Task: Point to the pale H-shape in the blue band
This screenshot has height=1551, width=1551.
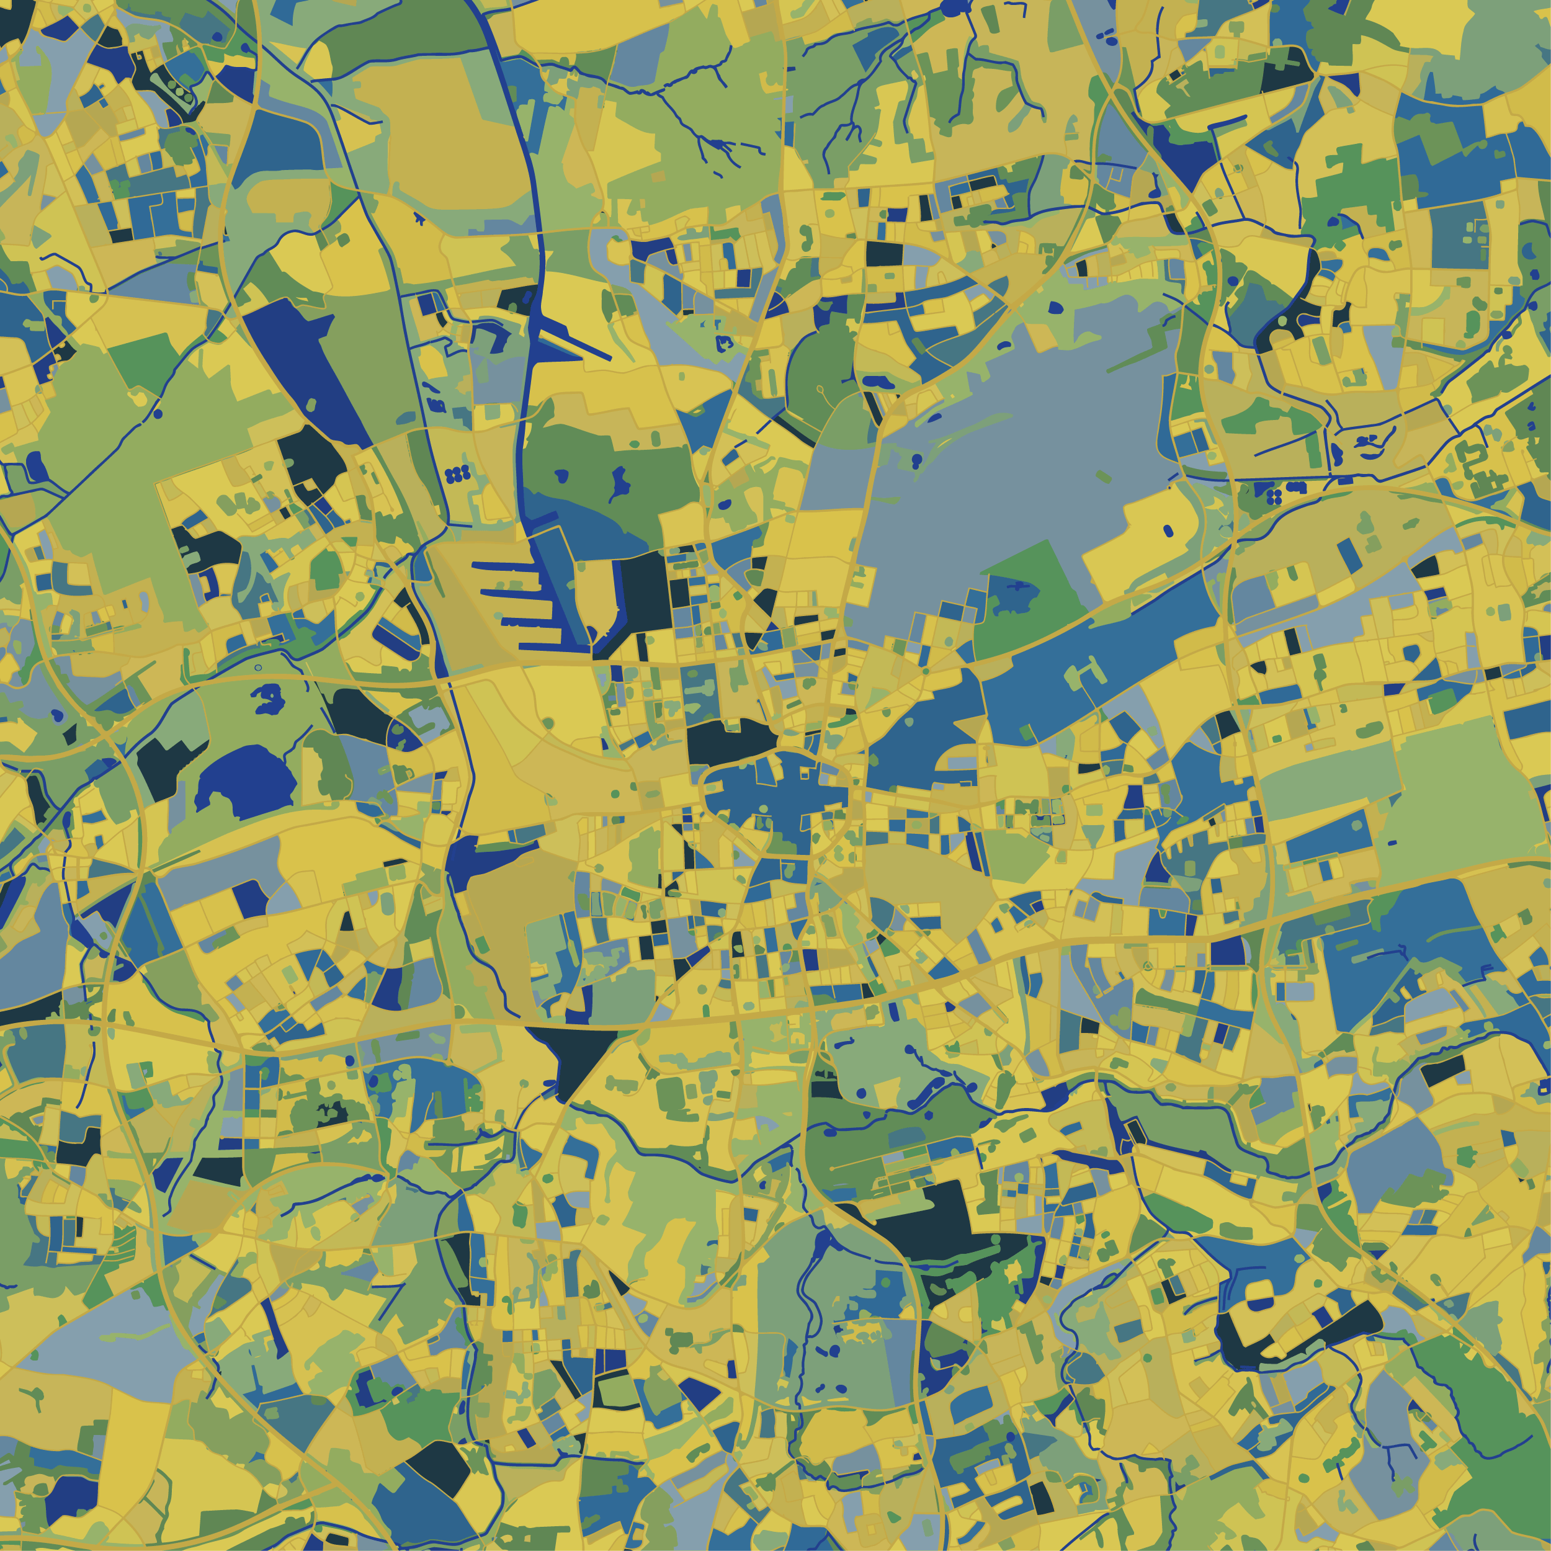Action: pyautogui.click(x=1085, y=671)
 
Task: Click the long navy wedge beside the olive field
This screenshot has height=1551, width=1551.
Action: pyautogui.click(x=301, y=361)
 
